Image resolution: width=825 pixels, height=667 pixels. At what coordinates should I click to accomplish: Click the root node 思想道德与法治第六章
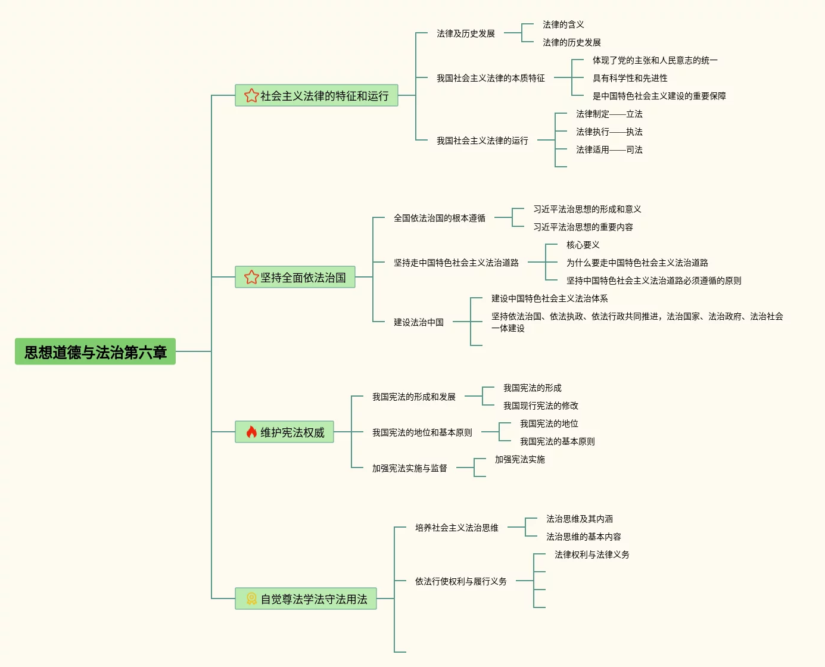(x=95, y=352)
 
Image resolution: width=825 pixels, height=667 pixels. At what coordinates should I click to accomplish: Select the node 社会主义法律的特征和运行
(x=317, y=96)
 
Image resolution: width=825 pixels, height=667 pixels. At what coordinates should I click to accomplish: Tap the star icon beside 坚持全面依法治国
(x=251, y=278)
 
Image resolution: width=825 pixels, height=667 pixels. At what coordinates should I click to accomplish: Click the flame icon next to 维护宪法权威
(x=251, y=432)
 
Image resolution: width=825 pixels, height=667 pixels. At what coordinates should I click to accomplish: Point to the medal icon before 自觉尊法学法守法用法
(x=251, y=599)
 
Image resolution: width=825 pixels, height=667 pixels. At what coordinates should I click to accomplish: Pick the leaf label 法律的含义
(x=563, y=24)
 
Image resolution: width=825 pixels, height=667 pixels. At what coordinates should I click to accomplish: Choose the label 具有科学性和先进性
(x=630, y=78)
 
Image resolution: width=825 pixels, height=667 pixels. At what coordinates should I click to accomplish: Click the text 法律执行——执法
(x=609, y=132)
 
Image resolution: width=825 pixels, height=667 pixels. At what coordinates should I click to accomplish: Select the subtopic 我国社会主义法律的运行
(x=482, y=141)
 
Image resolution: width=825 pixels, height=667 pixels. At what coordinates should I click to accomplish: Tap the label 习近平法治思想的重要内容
(x=583, y=227)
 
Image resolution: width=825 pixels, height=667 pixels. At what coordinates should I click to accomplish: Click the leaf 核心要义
(x=583, y=245)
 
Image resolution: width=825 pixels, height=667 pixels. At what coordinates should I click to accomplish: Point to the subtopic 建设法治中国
(x=418, y=322)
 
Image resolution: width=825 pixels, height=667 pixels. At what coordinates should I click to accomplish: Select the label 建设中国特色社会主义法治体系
(x=549, y=298)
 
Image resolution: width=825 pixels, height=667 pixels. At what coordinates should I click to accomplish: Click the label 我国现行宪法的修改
(x=540, y=406)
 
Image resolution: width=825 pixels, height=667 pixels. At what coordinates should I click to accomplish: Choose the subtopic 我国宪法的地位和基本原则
(x=422, y=432)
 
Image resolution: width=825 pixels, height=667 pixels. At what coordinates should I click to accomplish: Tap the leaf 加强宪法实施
(x=519, y=459)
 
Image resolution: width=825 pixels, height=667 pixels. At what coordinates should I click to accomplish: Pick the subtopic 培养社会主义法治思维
(x=456, y=528)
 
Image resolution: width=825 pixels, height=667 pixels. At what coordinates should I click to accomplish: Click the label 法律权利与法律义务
(x=591, y=554)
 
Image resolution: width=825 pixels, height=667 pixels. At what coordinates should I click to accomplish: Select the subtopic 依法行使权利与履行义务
(x=460, y=581)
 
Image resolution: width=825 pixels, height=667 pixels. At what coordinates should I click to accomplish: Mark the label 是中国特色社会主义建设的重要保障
(x=659, y=96)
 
